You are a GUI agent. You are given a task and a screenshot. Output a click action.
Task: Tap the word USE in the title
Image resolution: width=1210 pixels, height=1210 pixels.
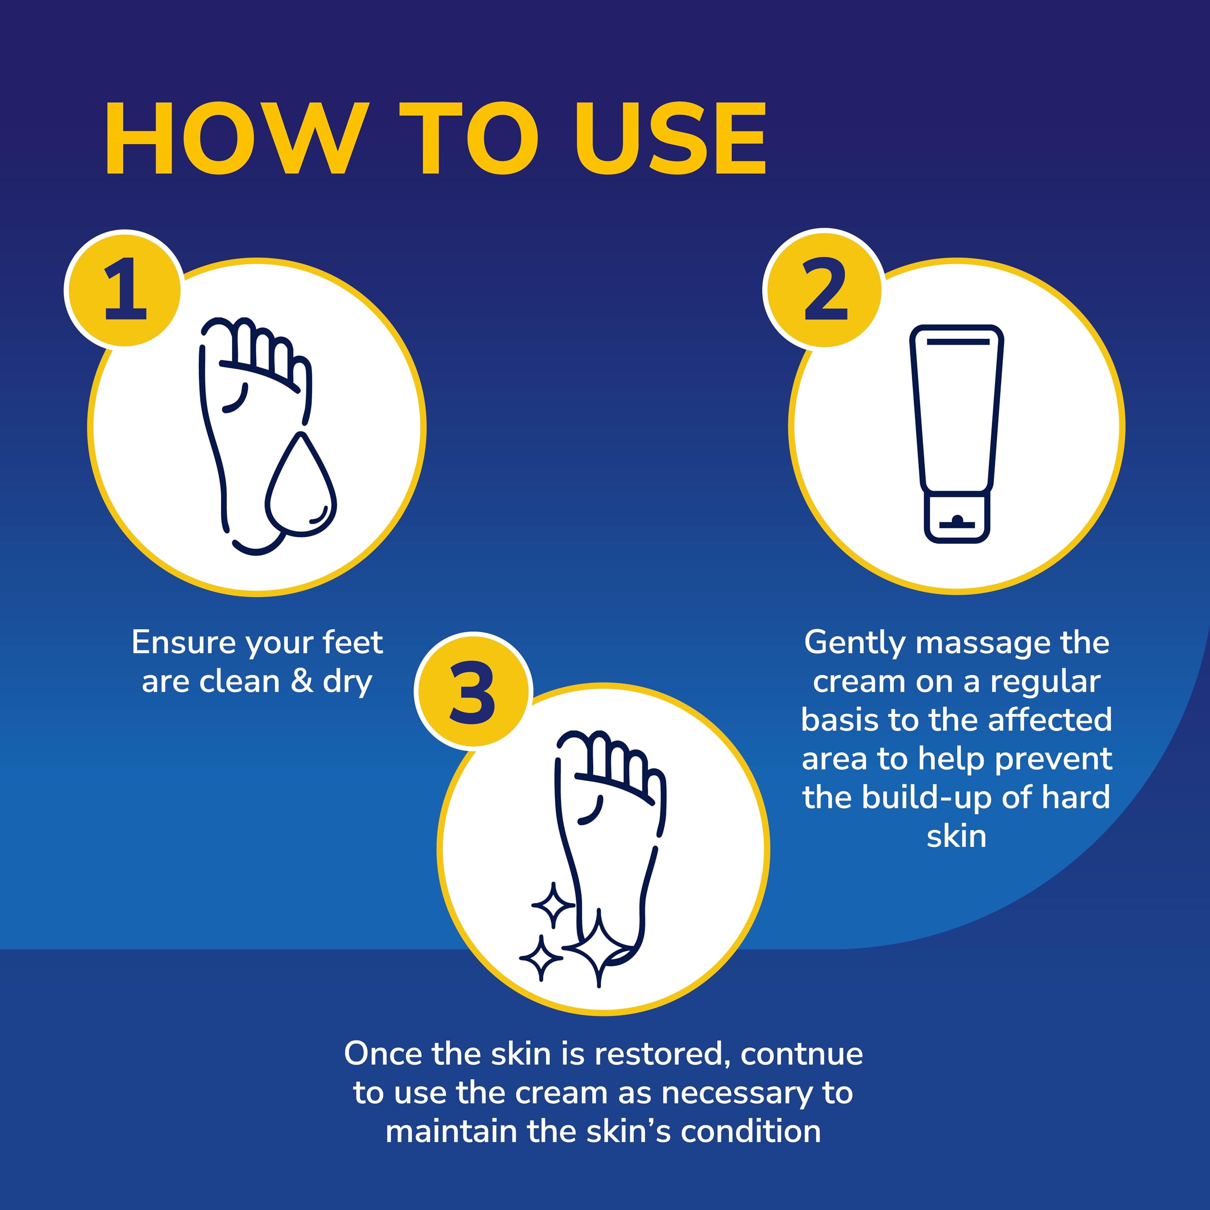click(x=670, y=139)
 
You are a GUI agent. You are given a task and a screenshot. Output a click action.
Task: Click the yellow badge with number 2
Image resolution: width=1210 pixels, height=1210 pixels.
click(x=824, y=290)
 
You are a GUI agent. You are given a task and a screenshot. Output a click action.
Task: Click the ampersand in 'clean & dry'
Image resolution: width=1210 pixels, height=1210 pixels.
click(x=302, y=682)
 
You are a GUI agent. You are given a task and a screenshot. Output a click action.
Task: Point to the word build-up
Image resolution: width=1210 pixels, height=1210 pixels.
click(x=927, y=798)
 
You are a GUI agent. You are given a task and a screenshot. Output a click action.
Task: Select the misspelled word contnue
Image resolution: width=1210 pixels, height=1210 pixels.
click(x=802, y=1054)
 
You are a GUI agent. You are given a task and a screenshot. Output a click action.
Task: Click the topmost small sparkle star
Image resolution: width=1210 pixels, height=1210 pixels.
click(x=553, y=906)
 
